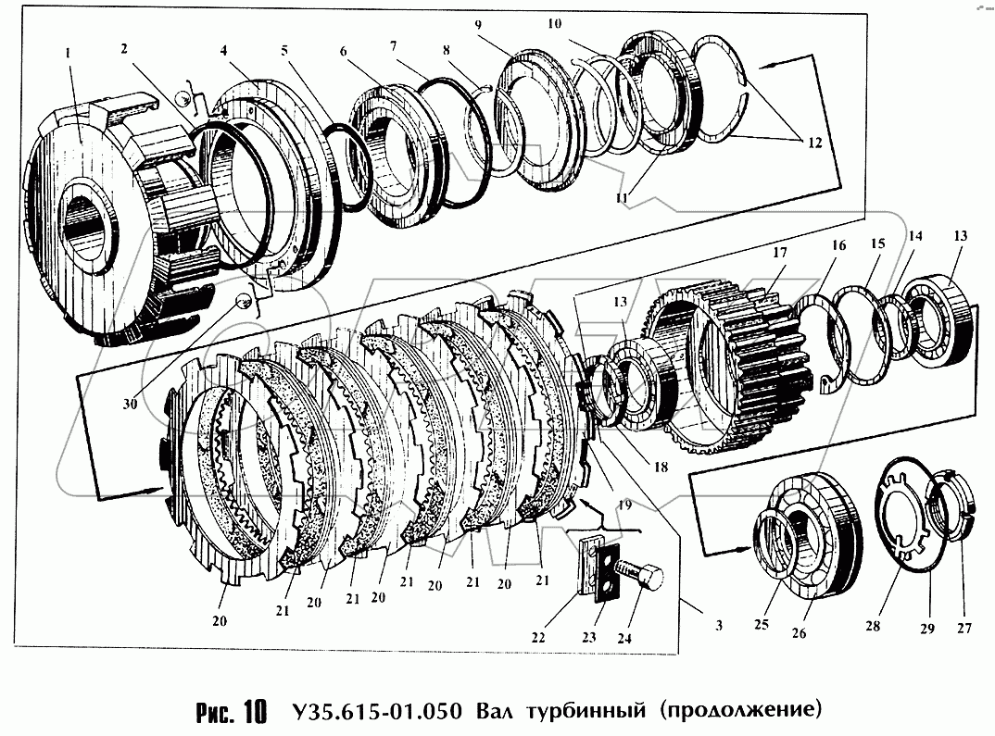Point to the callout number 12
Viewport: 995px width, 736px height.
[812, 143]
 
